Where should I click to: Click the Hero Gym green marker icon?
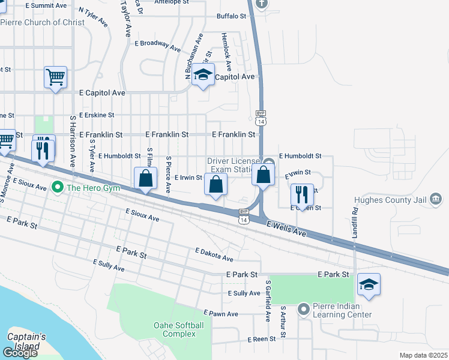point(58,187)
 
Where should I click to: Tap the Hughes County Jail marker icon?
point(436,199)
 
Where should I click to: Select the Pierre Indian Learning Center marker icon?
point(304,309)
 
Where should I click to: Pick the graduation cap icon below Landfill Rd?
point(369,284)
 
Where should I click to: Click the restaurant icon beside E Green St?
point(302,194)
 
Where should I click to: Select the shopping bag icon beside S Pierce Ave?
point(145,178)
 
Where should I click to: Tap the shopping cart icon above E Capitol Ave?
point(55,77)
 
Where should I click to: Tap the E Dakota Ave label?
point(214,255)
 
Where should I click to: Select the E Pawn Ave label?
point(220,313)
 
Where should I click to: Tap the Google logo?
point(20,353)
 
